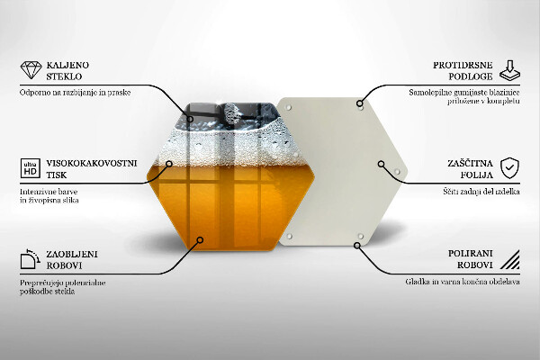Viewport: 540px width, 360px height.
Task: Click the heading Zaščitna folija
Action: [x=469, y=168]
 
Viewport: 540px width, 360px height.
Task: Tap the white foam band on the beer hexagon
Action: [x=225, y=145]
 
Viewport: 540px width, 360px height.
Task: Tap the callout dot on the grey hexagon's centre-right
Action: [x=382, y=166]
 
